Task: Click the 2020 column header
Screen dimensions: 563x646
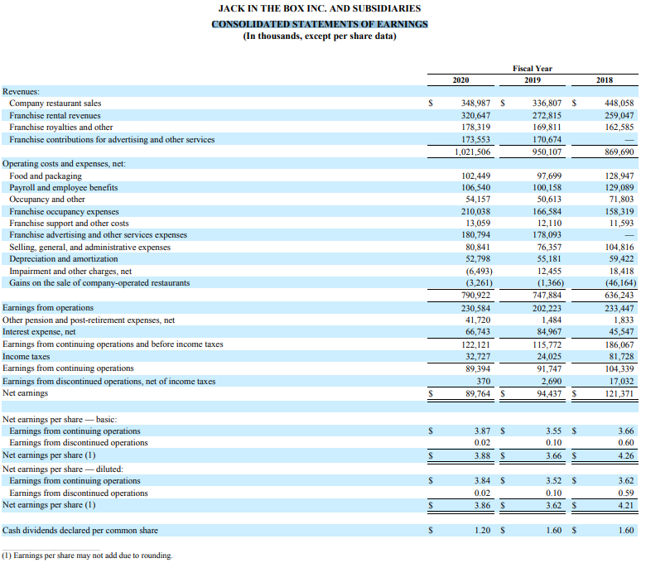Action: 461,79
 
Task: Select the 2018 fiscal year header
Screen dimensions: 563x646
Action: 605,79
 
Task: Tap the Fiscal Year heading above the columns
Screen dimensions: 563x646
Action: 533,68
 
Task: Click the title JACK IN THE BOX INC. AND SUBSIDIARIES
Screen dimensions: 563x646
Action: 319,8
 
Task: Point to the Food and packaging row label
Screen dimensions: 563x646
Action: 46,176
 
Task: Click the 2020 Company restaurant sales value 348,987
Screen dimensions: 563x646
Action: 475,103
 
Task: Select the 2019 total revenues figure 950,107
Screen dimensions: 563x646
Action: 547,152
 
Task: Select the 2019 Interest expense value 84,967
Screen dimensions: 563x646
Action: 548,332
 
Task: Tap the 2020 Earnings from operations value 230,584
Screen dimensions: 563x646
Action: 475,308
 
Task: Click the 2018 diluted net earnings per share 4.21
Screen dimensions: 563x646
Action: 625,504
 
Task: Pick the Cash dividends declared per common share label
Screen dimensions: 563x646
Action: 81,531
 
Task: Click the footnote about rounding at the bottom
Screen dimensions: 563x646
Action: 87,556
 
